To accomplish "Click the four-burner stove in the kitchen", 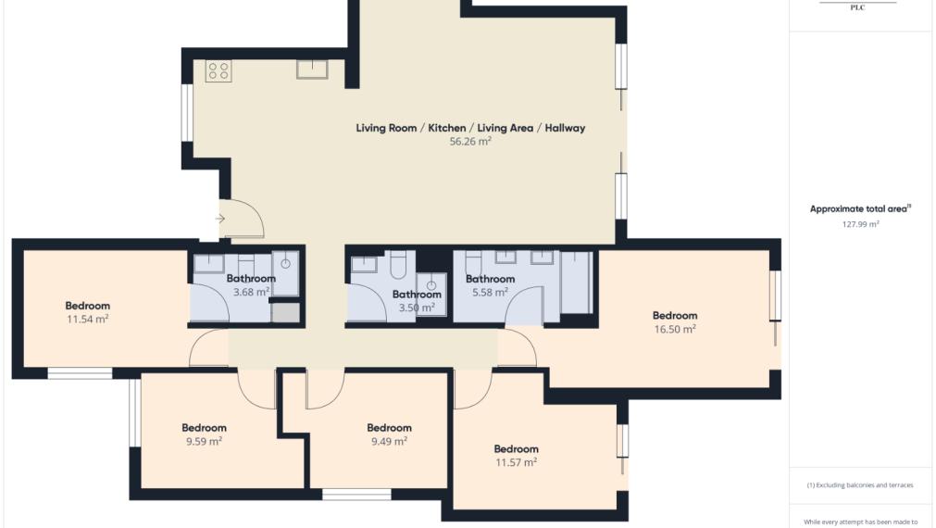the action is (x=218, y=71).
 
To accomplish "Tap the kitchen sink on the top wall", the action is (x=312, y=69).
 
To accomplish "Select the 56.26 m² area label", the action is (x=470, y=142).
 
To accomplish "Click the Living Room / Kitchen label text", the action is (x=411, y=128).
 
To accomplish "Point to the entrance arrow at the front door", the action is (x=219, y=219).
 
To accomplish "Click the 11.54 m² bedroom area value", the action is (x=88, y=319).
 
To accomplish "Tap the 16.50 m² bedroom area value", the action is (x=675, y=329).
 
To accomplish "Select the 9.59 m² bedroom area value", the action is (x=205, y=442).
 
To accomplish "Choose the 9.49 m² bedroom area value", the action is (x=389, y=442).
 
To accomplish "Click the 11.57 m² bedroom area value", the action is (x=517, y=462).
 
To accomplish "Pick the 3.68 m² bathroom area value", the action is (x=251, y=292).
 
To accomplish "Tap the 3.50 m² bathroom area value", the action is (x=417, y=308).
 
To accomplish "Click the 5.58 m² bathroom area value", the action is (x=490, y=292).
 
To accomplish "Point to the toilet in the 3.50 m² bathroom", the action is (x=398, y=265).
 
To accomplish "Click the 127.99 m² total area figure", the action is (x=861, y=224).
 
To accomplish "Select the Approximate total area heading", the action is (x=858, y=209).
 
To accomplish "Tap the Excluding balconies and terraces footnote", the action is (x=860, y=485).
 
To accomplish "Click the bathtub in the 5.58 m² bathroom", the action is (x=577, y=282).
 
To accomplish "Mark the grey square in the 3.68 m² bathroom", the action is (x=286, y=313).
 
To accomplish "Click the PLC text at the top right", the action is (x=858, y=7).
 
